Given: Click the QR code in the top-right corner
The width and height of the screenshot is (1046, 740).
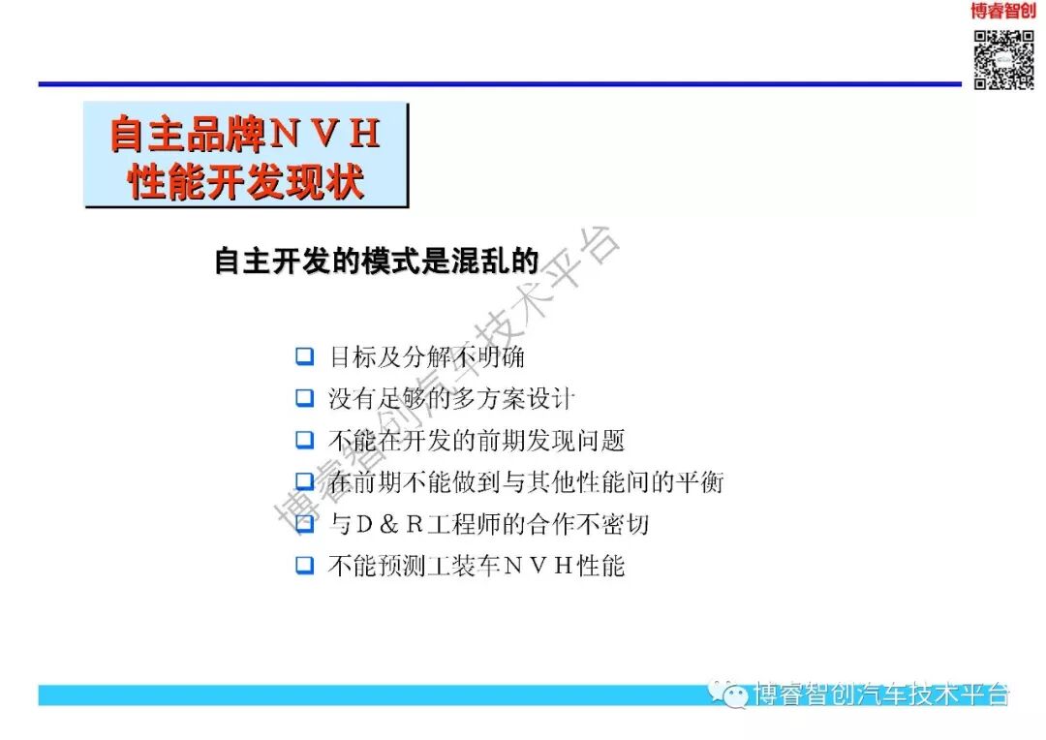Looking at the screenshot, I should (1003, 60).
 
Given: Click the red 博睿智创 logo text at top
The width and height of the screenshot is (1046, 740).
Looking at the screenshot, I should (1003, 12).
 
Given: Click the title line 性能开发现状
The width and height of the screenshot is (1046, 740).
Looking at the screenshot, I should (246, 180).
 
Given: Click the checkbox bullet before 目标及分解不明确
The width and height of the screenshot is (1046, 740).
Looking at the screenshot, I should (305, 356).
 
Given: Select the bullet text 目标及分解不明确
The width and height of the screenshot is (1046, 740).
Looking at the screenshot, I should (427, 356).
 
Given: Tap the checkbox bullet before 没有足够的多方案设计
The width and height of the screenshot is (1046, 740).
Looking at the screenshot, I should (305, 397).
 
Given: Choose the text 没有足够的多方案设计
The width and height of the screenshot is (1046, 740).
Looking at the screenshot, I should (451, 398).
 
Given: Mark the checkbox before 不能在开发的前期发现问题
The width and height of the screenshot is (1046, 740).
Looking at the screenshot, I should (305, 440).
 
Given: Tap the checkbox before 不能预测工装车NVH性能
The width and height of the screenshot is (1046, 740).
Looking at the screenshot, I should (305, 565).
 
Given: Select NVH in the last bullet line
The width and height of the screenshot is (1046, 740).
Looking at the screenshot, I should (538, 566).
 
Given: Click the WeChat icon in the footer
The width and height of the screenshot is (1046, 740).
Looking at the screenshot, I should (728, 693).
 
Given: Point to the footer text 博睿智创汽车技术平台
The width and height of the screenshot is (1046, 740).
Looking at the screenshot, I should (881, 694).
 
